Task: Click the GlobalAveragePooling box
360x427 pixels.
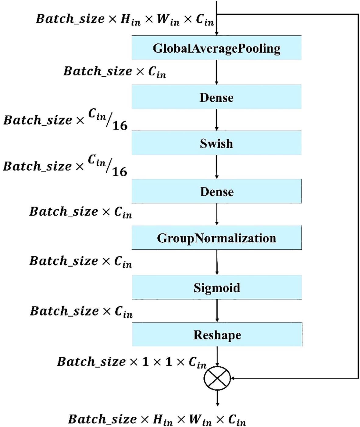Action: [x=216, y=48]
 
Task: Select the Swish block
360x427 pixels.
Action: [x=216, y=143]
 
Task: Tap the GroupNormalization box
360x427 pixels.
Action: [x=217, y=238]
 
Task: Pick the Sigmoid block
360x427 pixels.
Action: [x=217, y=288]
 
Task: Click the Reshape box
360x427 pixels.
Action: [x=217, y=334]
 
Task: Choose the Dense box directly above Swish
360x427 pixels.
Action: [x=216, y=97]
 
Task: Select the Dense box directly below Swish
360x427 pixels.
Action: [x=217, y=191]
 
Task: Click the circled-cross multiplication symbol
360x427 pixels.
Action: [x=217, y=378]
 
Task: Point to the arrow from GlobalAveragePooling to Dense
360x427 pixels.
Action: [x=216, y=72]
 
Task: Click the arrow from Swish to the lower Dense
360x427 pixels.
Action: [x=216, y=167]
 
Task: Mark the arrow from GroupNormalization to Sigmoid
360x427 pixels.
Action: [x=217, y=262]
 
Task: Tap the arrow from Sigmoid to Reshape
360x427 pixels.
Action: [x=217, y=310]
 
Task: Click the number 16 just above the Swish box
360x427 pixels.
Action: [x=120, y=125]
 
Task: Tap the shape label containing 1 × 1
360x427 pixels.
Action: [x=132, y=362]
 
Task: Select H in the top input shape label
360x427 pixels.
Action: [x=126, y=19]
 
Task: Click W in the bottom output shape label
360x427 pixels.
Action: [x=195, y=419]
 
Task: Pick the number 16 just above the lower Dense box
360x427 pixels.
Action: [x=119, y=172]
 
